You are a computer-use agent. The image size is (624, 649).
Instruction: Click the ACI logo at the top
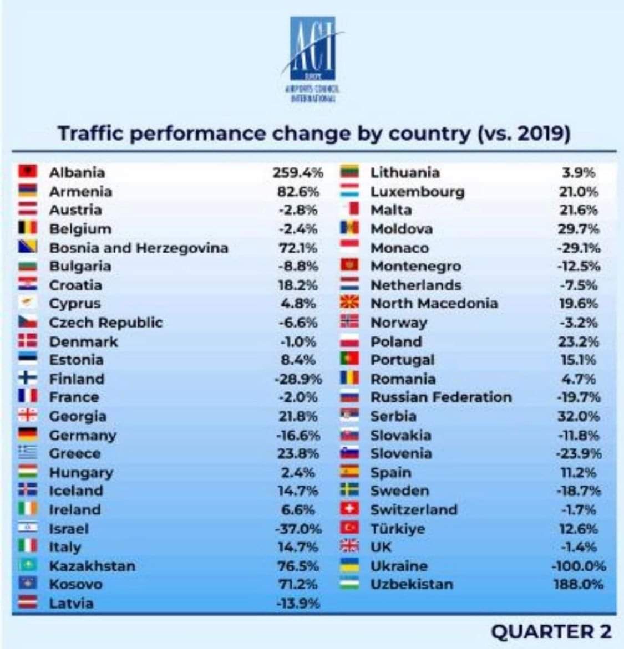313,58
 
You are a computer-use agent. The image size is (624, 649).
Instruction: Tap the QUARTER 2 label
551,631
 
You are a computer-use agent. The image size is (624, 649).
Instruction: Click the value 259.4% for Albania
297,172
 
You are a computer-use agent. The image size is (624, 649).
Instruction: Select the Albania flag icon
28,172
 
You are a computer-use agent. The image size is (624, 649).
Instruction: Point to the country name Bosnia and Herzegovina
139,248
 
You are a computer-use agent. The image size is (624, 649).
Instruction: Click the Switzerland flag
349,509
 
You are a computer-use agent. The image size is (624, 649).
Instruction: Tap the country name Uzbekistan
412,584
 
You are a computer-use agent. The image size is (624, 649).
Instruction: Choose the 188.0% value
579,584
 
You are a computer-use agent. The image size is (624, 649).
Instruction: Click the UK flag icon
349,546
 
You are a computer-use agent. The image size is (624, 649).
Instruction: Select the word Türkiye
398,528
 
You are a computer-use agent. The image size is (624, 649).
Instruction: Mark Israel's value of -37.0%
298,528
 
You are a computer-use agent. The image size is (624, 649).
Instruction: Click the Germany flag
28,435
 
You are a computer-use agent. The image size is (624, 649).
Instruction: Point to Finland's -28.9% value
298,379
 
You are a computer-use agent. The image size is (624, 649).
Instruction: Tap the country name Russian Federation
441,397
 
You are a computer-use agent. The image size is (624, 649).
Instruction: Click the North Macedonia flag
349,303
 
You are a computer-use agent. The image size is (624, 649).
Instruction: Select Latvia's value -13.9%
298,603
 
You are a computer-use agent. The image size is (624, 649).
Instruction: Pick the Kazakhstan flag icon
28,565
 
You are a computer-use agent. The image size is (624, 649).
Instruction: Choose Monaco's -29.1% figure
579,248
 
